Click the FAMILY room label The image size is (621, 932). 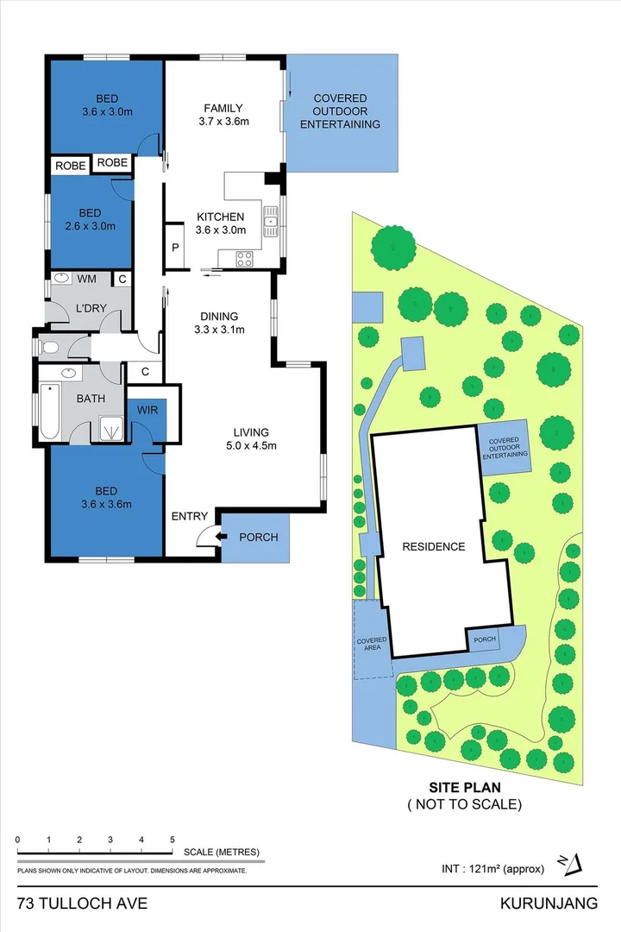[223, 108]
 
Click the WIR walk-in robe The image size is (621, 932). [147, 410]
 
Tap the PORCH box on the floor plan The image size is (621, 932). [258, 537]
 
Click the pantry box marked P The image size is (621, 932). [175, 247]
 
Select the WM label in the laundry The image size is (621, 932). [86, 279]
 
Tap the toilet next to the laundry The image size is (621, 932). [49, 347]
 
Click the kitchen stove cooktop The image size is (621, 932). [244, 256]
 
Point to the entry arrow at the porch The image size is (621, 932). [220, 537]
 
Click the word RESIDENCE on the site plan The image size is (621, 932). [433, 546]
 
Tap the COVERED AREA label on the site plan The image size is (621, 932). [372, 644]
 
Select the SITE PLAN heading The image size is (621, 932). [465, 787]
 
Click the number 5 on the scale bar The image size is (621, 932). [172, 840]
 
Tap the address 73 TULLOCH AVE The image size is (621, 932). [83, 904]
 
